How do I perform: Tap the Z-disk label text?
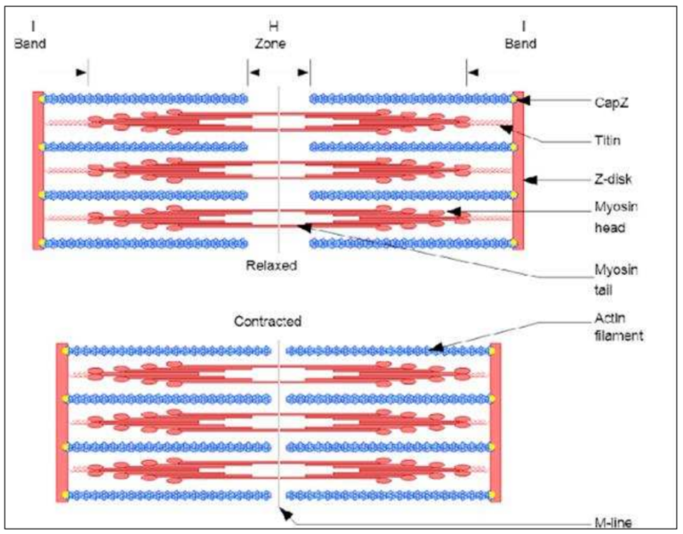point(613,179)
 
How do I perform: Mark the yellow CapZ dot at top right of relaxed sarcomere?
point(514,99)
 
